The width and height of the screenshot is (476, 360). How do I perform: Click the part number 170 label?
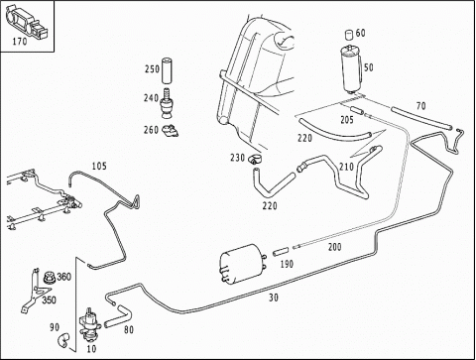pyautogui.click(x=20, y=42)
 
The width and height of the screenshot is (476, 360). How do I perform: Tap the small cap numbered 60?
pyautogui.click(x=349, y=34)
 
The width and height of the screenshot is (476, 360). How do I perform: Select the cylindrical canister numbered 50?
pyautogui.click(x=351, y=69)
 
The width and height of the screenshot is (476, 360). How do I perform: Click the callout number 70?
pyautogui.click(x=420, y=106)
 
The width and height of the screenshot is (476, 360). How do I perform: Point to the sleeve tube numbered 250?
pyautogui.click(x=167, y=70)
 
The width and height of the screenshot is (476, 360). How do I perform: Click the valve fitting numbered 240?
pyautogui.click(x=168, y=103)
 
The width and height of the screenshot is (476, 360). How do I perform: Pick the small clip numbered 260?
pyautogui.click(x=171, y=131)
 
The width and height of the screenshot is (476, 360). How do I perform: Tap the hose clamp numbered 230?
pyautogui.click(x=254, y=159)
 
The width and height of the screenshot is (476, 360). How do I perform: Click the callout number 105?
pyautogui.click(x=99, y=166)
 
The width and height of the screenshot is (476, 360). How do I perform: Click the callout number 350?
pyautogui.click(x=49, y=300)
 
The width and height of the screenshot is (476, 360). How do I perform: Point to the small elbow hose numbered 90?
pyautogui.click(x=62, y=340)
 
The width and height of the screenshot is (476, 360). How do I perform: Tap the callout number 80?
pyautogui.click(x=129, y=329)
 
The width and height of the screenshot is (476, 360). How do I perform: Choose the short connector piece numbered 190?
pyautogui.click(x=281, y=252)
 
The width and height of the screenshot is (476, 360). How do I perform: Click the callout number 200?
pyautogui.click(x=334, y=247)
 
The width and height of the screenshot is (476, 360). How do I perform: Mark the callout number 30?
pyautogui.click(x=273, y=298)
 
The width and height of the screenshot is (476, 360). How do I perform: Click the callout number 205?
pyautogui.click(x=347, y=120)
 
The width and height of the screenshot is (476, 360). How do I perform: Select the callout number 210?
pyautogui.click(x=346, y=167)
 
